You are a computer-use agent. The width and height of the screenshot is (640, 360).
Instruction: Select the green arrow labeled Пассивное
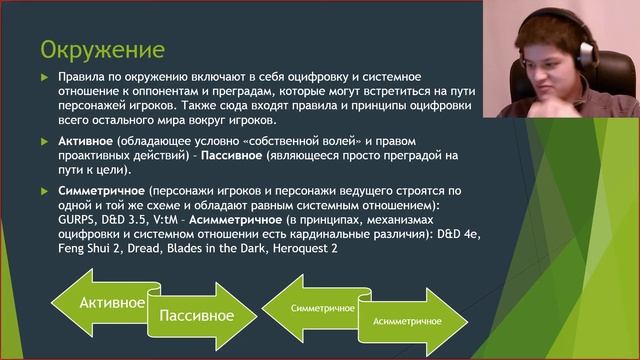point(195,315)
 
